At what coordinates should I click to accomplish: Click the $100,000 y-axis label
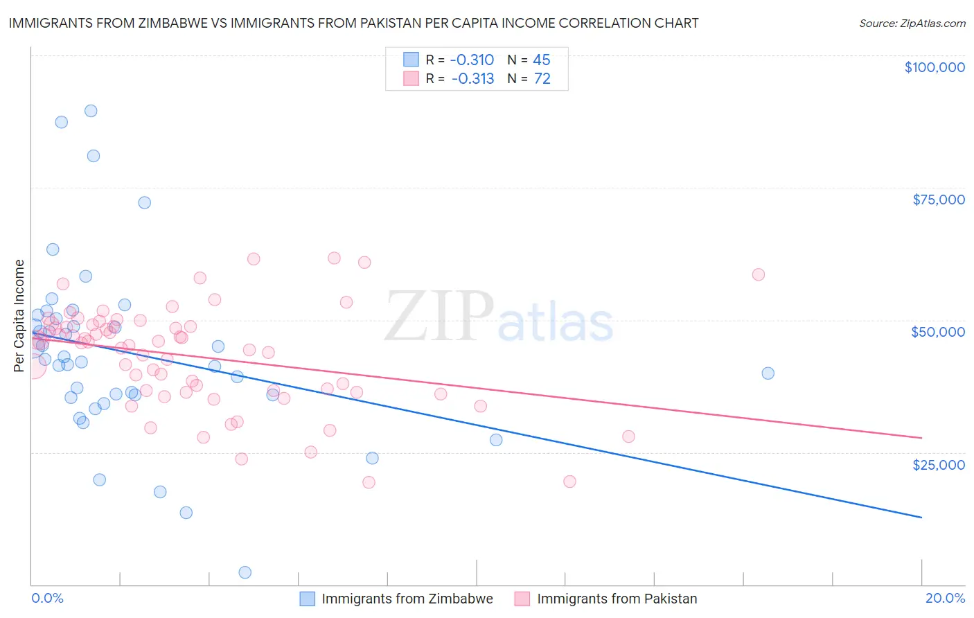[935, 67]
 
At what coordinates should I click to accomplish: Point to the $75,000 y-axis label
[938, 200]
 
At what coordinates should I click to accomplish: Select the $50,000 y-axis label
[937, 332]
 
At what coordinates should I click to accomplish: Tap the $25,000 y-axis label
[938, 465]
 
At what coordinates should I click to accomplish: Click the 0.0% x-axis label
[47, 598]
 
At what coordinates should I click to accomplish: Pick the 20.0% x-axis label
[945, 598]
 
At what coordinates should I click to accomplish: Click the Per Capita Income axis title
[19, 315]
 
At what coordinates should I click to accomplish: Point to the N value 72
[542, 79]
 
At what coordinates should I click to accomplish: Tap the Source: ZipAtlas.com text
[912, 24]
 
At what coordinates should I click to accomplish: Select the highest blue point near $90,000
[91, 111]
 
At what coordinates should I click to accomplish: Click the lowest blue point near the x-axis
[245, 572]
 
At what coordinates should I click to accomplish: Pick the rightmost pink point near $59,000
[758, 274]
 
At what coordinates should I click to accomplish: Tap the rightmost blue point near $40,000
[768, 373]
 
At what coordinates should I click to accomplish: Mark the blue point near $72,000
[144, 202]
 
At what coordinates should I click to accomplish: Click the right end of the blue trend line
[921, 517]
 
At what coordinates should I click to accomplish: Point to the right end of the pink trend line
[921, 438]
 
